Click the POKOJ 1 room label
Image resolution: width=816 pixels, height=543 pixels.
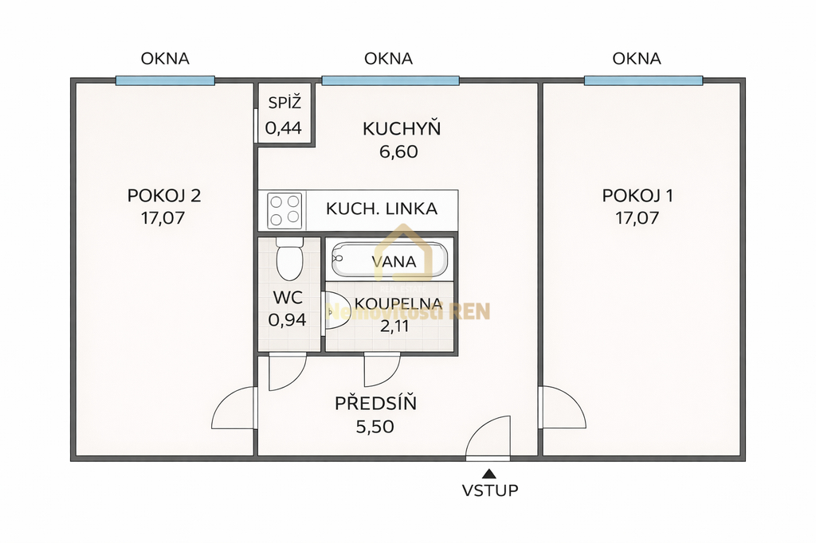click(x=637, y=196)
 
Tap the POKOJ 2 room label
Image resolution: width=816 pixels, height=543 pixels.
click(x=163, y=196)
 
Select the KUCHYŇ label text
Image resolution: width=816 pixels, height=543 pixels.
click(x=402, y=128)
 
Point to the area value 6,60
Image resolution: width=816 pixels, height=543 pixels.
click(x=398, y=151)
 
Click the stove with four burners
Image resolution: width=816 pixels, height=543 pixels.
click(x=284, y=210)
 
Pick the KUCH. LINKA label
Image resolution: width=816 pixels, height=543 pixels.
click(x=382, y=209)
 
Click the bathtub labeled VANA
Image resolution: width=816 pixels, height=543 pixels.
click(x=390, y=260)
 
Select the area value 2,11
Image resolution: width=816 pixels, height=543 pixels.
click(x=390, y=324)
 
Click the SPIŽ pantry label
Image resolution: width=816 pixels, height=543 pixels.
click(x=284, y=102)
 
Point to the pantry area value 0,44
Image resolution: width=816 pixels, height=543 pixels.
click(x=284, y=127)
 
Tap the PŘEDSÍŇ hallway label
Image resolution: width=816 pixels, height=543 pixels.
click(x=375, y=404)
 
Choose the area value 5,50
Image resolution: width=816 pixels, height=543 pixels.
click(x=375, y=427)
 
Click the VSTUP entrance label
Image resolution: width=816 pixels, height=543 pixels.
click(x=490, y=490)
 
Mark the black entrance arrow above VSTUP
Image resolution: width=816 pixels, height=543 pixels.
click(x=488, y=474)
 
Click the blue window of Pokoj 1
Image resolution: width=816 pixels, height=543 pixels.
click(x=643, y=80)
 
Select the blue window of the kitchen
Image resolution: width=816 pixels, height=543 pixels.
click(x=390, y=80)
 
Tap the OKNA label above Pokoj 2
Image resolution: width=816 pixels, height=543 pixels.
click(x=165, y=58)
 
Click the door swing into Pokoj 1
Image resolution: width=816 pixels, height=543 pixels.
click(x=562, y=408)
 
